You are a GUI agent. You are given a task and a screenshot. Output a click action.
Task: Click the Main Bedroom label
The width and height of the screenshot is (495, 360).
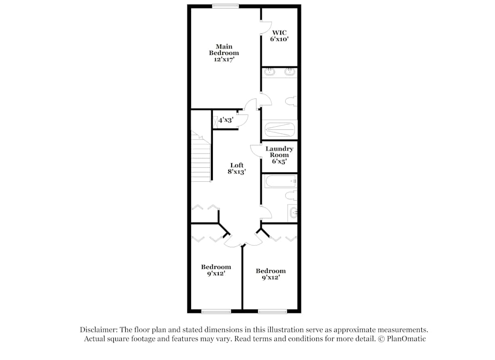[224, 52]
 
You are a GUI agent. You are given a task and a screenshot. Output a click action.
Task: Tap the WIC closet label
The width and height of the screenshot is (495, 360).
[278, 36]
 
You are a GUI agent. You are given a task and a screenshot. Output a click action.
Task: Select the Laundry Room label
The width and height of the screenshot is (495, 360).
[279, 155]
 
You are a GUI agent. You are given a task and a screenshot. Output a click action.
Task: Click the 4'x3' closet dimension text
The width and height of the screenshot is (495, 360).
[226, 119]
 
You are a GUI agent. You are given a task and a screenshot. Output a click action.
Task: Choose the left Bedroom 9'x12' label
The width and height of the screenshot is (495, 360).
[216, 270]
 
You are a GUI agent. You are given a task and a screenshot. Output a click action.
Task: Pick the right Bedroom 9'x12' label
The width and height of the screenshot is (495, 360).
[271, 274]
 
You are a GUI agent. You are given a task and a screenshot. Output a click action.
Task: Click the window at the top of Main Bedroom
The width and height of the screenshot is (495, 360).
[226, 6]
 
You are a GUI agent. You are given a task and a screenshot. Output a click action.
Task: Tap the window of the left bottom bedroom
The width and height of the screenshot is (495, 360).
[216, 311]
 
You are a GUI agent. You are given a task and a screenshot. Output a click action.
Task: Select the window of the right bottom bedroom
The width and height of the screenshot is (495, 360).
[272, 311]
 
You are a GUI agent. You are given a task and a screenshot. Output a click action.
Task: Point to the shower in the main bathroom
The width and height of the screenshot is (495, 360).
[279, 130]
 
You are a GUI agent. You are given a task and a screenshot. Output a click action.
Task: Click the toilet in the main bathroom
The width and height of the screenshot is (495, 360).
[291, 102]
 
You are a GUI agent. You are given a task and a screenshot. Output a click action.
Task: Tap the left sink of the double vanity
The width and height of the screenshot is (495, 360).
[270, 73]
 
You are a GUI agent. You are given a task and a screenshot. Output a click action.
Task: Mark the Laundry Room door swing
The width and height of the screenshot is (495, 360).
[255, 150]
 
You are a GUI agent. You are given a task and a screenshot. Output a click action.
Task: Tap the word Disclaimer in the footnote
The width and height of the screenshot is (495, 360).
[97, 329]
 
